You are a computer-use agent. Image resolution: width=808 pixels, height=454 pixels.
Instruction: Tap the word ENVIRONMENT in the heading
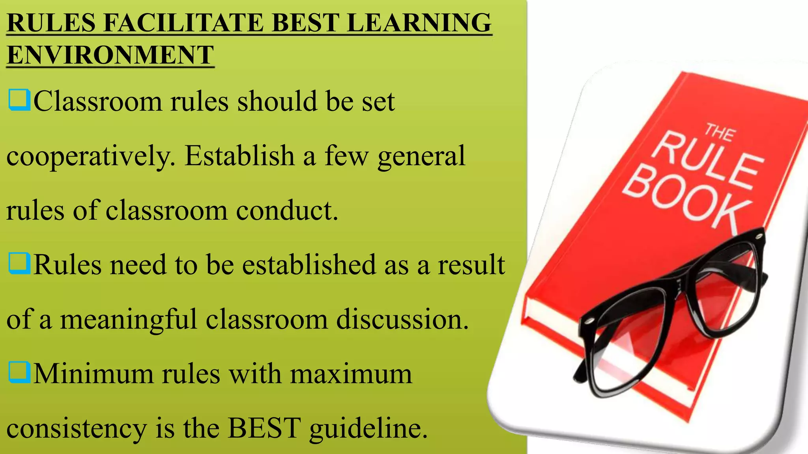[x=110, y=55]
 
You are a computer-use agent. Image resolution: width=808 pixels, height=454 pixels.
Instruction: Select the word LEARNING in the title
[x=419, y=22]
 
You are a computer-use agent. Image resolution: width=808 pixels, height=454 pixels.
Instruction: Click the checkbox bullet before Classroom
[x=19, y=100]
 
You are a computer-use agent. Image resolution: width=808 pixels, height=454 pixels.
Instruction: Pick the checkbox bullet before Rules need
[x=19, y=263]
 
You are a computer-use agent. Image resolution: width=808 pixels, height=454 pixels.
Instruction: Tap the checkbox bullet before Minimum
[x=19, y=372]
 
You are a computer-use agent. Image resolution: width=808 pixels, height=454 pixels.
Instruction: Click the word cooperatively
[x=91, y=156]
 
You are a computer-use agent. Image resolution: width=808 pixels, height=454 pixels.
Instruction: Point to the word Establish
[x=239, y=155]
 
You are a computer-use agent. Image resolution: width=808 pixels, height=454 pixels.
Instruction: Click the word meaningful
[x=128, y=319]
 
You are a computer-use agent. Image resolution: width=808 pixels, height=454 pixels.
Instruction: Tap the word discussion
[x=402, y=319]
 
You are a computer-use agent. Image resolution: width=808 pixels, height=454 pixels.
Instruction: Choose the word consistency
[x=77, y=428]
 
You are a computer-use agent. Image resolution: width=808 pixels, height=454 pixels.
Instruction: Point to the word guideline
[x=368, y=428]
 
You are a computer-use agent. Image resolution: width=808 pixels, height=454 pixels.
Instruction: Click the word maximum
[x=351, y=373]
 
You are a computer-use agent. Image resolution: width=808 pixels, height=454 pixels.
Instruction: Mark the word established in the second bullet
[x=309, y=264]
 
